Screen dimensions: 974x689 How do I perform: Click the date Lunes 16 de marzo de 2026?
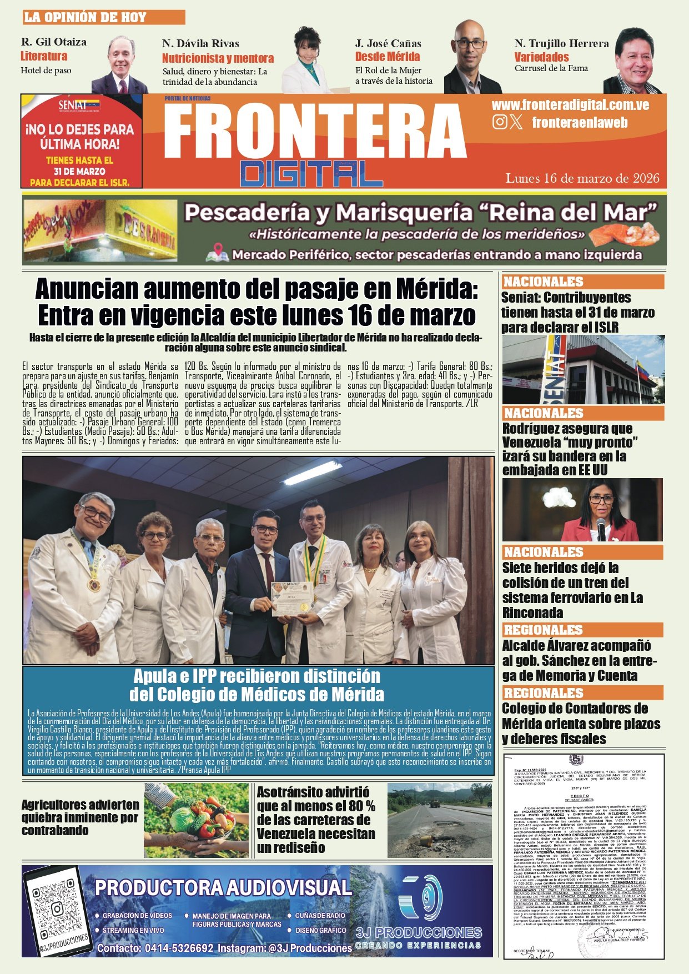582,178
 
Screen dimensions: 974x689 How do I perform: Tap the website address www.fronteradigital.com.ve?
570,105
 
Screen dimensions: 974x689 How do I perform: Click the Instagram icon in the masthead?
500,122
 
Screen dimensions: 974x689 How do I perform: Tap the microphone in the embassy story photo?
601,528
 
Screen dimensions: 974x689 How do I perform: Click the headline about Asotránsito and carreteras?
316,820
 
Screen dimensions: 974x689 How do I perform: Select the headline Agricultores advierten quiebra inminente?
81,817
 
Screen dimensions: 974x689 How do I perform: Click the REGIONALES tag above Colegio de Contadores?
544,693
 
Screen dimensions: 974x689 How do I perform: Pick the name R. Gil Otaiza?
54,42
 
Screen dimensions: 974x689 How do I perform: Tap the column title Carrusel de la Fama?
551,68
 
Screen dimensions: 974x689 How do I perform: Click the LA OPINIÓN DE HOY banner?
103,17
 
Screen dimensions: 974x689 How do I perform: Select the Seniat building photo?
583,369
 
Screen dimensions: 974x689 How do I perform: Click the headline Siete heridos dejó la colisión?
572,590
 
